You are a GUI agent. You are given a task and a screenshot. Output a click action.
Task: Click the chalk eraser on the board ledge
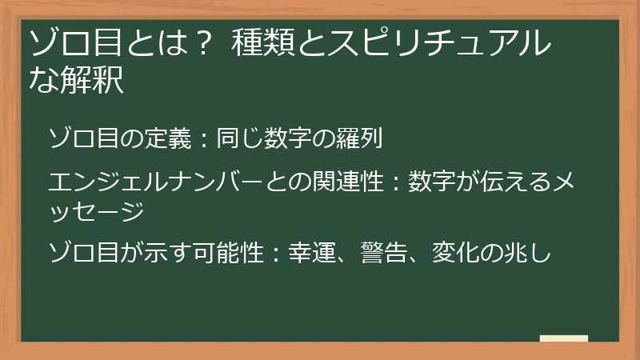[x=564, y=338]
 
